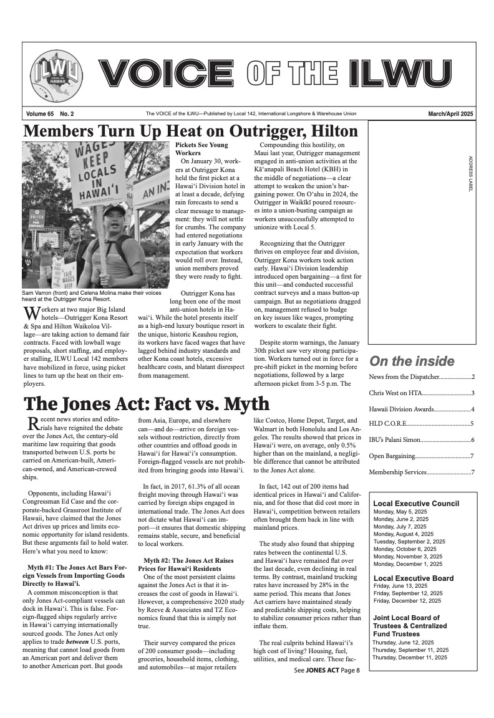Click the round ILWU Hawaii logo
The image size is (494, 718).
pyautogui.click(x=56, y=75)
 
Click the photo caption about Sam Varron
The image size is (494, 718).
pyautogui.click(x=92, y=295)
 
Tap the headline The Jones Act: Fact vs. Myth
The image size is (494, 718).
pyautogui.click(x=147, y=404)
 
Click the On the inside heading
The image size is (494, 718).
pyautogui.click(x=412, y=361)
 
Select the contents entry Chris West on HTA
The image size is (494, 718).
pyautogui.click(x=422, y=393)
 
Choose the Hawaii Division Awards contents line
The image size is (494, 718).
pyautogui.click(x=422, y=409)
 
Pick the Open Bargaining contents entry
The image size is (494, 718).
pyautogui.click(x=422, y=456)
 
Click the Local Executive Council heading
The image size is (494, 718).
pyautogui.click(x=415, y=504)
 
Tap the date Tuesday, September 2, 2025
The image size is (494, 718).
pyautogui.click(x=409, y=542)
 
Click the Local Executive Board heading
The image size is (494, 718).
pyautogui.click(x=413, y=578)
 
